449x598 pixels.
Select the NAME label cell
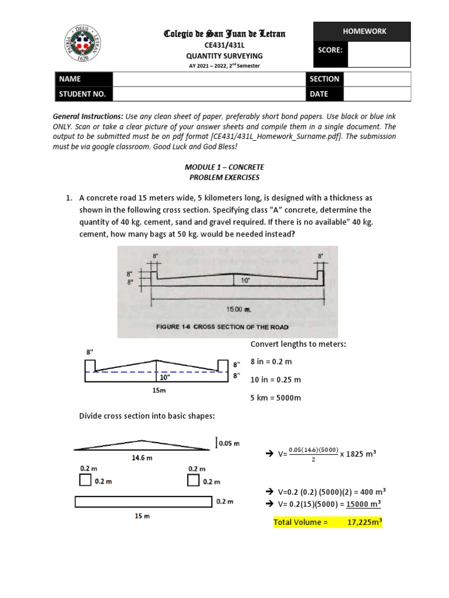click(x=83, y=79)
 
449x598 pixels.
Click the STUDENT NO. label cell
click(x=83, y=93)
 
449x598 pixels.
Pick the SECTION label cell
click(x=324, y=79)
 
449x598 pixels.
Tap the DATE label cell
click(x=324, y=93)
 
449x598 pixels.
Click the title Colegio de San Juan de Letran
click(x=224, y=34)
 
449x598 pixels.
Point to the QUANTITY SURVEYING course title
click(x=224, y=56)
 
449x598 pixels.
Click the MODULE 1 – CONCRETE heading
click(x=224, y=167)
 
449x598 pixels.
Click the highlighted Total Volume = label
click(x=301, y=522)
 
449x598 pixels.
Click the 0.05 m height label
click(x=229, y=443)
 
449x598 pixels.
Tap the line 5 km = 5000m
click(x=275, y=398)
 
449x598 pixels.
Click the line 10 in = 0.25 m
click(x=275, y=380)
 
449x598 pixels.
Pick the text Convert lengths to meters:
click(x=298, y=344)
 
